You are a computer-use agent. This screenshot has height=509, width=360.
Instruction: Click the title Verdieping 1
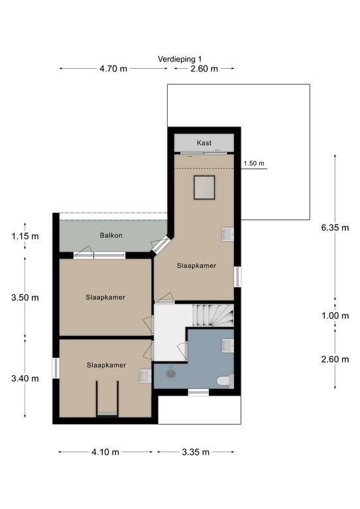click(x=180, y=59)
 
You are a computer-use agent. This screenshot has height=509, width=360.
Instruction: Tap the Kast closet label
click(x=204, y=142)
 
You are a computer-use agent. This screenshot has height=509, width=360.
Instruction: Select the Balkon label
click(x=111, y=235)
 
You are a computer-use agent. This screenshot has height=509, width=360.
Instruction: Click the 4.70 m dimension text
click(x=113, y=69)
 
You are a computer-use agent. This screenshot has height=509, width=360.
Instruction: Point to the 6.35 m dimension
click(x=335, y=227)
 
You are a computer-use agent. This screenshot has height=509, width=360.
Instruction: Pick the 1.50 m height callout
click(x=254, y=163)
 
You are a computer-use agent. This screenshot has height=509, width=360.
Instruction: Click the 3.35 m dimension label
click(x=196, y=452)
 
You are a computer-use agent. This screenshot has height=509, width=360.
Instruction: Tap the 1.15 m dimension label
click(x=25, y=237)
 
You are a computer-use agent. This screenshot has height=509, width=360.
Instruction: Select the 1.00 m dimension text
click(x=335, y=315)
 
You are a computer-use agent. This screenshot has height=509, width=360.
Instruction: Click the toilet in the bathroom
click(x=225, y=381)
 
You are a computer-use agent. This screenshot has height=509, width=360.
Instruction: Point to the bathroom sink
click(x=228, y=346)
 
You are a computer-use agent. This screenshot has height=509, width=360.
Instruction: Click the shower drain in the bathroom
click(x=170, y=374)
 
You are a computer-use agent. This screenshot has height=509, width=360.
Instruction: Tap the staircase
click(x=213, y=315)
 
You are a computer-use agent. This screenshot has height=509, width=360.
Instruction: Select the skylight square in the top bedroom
click(x=204, y=188)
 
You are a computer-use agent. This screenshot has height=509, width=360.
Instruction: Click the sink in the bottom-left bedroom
click(x=145, y=376)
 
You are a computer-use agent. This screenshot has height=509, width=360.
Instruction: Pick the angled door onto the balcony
click(x=161, y=245)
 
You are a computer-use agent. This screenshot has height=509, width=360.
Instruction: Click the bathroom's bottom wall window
click(x=198, y=392)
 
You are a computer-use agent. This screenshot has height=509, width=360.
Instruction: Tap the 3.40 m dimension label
click(x=25, y=378)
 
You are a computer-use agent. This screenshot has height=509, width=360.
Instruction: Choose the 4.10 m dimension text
click(x=105, y=452)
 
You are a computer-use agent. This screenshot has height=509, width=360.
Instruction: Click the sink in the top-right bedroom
click(x=228, y=235)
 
